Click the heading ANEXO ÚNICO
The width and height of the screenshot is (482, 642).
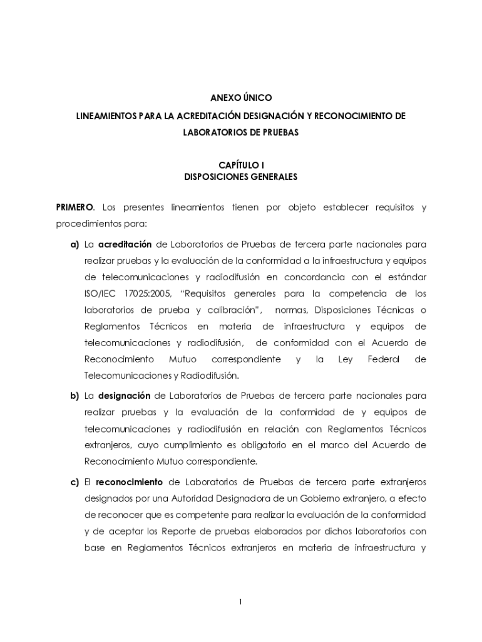click(241, 98)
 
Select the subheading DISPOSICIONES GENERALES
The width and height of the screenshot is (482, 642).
click(241, 177)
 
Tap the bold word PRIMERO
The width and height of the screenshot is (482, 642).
click(74, 207)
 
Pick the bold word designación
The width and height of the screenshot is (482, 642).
click(125, 396)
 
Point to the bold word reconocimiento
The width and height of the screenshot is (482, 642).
click(131, 482)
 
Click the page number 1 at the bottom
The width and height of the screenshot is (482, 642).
click(240, 602)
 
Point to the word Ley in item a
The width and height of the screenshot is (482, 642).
click(346, 359)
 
